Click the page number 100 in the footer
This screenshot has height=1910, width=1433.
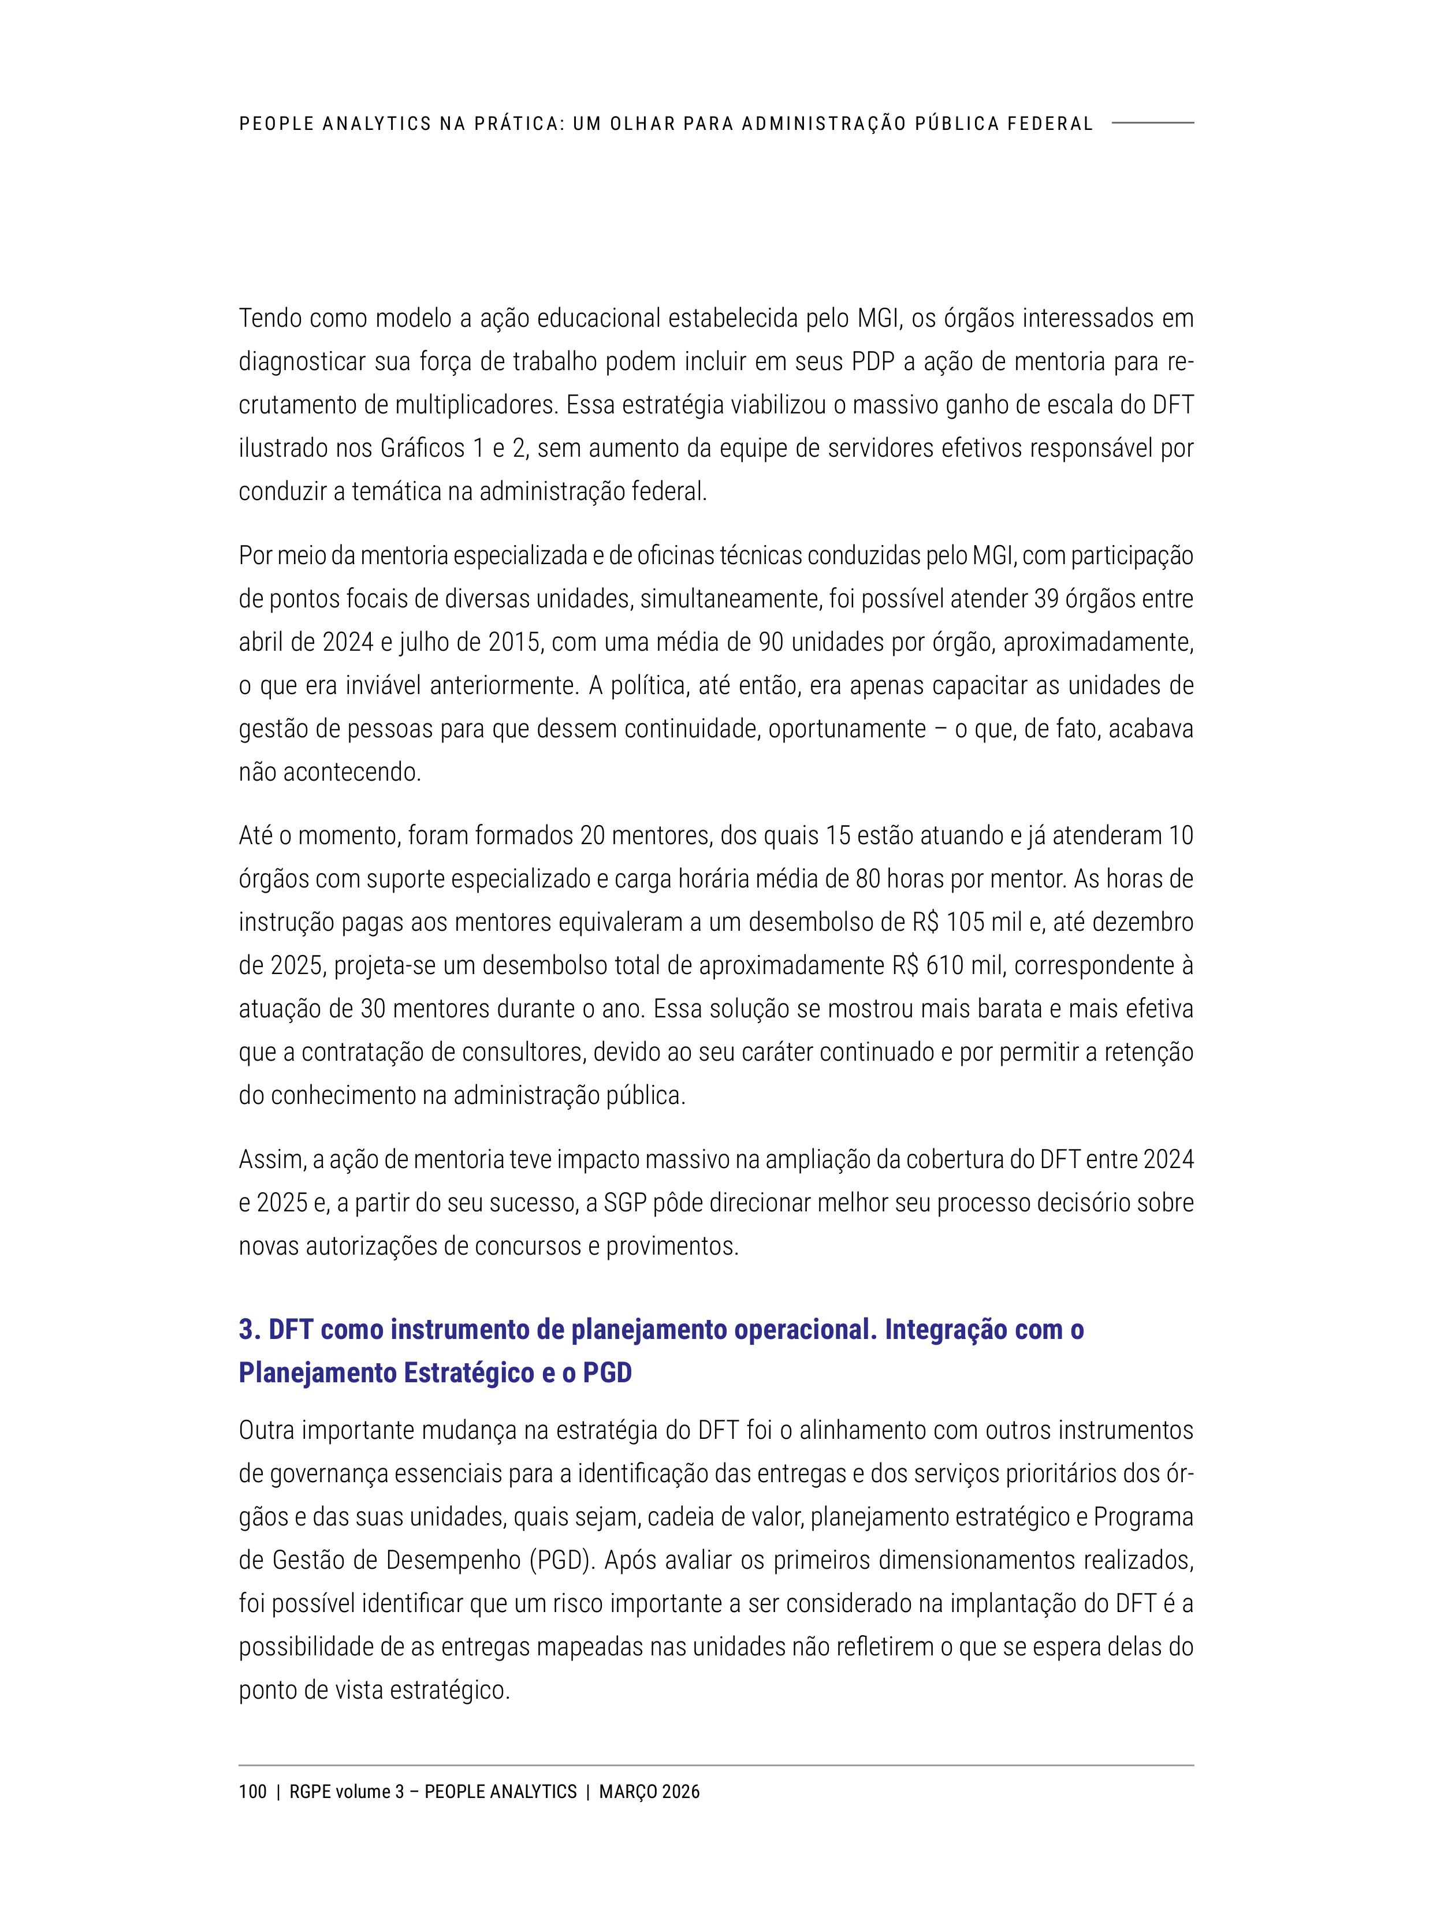(252, 1792)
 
